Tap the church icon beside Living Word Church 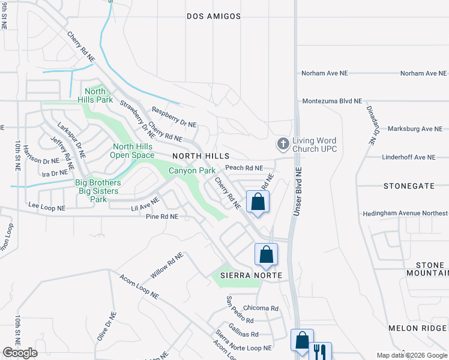coord(283,144)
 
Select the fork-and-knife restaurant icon coord(320,351)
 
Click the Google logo coord(20,353)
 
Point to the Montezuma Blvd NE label coord(332,101)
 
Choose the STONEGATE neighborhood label coord(408,186)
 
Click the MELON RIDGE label coord(417,328)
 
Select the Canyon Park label coord(191,171)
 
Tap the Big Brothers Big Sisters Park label coord(98,191)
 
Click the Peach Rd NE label coord(244,168)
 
